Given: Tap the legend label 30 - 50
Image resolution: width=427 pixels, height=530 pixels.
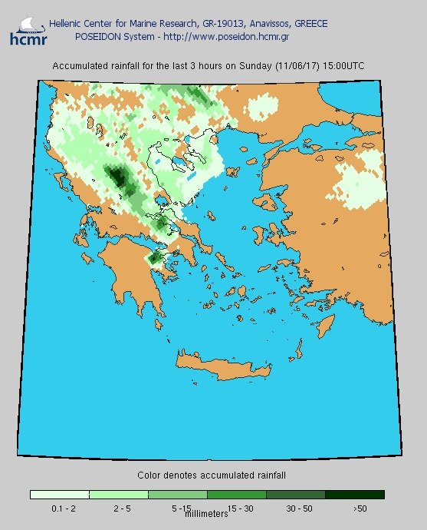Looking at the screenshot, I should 296,508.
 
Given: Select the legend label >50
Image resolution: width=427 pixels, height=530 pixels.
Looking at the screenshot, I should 360,508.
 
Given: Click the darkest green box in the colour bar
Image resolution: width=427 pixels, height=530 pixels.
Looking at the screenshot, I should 354,495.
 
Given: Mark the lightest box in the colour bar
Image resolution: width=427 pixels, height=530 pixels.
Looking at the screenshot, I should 60,495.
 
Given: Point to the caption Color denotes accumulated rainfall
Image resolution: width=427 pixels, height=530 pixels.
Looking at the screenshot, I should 212,475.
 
